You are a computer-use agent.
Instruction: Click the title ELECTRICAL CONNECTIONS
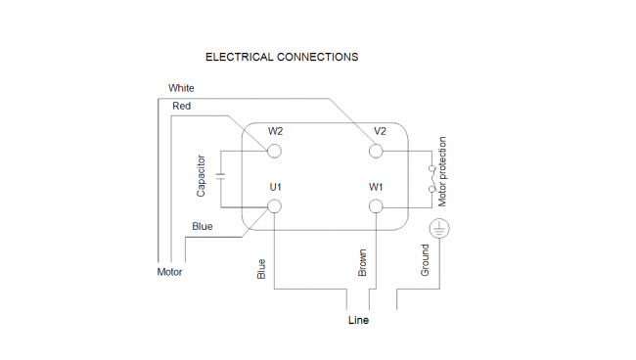point(282,57)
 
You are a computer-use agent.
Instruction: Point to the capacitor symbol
point(221,176)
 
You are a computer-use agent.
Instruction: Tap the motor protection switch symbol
point(432,178)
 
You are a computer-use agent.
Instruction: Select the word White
point(181,88)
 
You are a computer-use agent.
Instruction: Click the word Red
point(181,106)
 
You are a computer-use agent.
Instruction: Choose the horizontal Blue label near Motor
point(202,226)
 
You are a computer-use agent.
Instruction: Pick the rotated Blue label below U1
point(261,269)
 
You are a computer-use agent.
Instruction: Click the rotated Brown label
point(362,263)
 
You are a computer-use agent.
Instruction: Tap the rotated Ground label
point(425,260)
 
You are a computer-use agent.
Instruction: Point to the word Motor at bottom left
point(169,272)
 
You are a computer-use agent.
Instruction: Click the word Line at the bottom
point(358,320)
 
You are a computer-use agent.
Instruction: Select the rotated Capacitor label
point(201,176)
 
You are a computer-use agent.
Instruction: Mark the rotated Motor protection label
point(442,172)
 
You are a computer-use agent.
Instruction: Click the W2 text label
point(275,131)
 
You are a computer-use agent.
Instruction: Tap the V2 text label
point(380,131)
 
